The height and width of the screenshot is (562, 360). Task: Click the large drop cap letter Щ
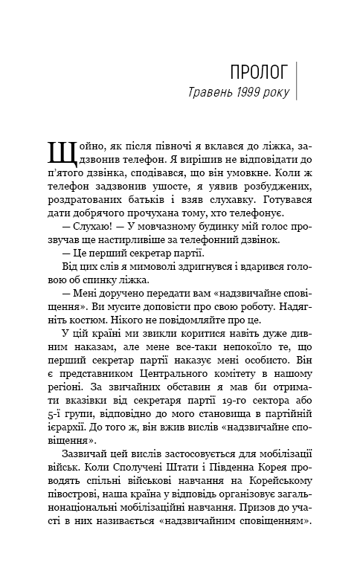coord(61,152)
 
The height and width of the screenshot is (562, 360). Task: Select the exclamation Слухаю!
coord(85,243)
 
